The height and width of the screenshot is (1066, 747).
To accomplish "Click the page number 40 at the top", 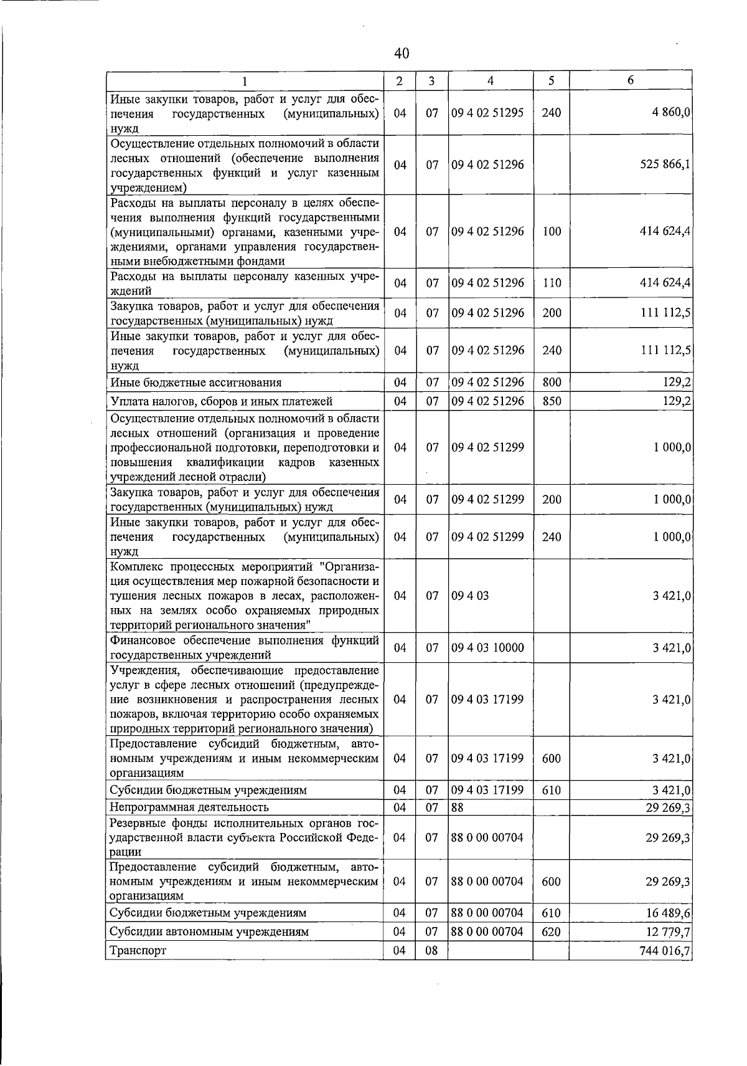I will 402,54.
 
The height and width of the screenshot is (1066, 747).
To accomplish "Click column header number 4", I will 491,81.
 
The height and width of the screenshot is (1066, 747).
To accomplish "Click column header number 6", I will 630,81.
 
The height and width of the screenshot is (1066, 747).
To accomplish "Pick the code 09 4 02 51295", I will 487,113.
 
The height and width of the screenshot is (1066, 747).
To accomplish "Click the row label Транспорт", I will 138,951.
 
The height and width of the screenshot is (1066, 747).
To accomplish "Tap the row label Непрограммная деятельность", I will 189,807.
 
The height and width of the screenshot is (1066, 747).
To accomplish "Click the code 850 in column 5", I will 552,401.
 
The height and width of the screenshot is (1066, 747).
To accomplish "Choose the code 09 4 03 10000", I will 487,648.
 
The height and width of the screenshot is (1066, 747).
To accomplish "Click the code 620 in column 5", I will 552,931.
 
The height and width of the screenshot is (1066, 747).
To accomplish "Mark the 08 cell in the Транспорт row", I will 432,951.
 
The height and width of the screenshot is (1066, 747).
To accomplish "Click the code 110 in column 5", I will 552,283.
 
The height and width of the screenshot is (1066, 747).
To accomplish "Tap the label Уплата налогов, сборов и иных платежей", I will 221,401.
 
